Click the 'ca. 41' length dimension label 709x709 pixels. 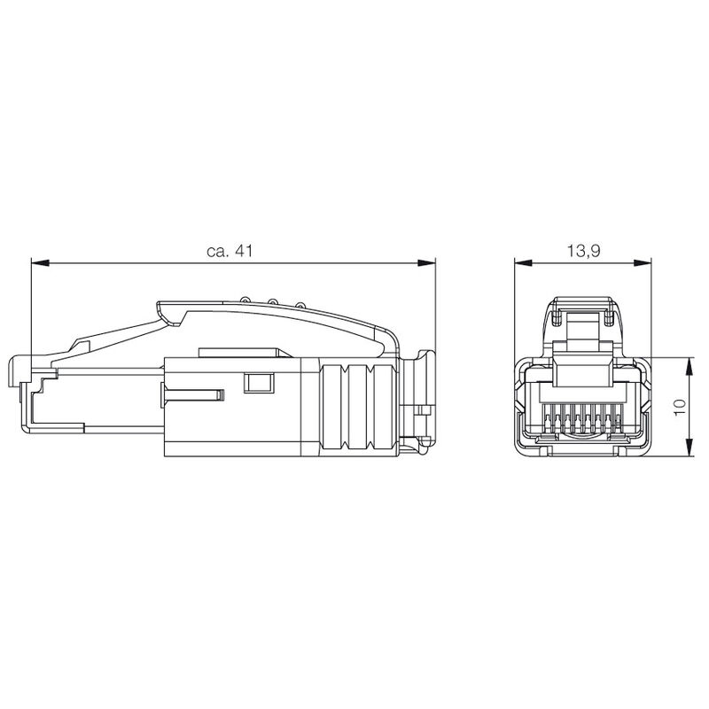pos(230,252)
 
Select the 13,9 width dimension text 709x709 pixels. pos(583,252)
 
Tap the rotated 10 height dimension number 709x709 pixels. pos(681,409)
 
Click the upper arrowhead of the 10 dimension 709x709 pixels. pos(690,364)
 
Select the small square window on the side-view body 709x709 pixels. pos(258,383)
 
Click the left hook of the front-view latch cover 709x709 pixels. pos(557,313)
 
